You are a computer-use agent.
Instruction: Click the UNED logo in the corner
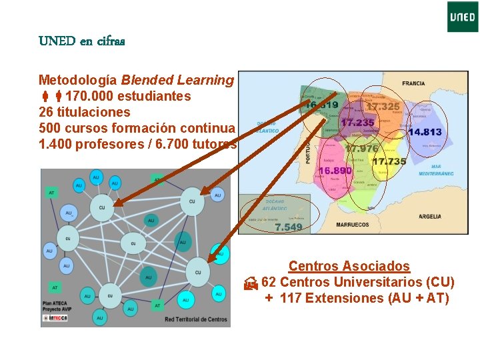pyautogui.click(x=463, y=17)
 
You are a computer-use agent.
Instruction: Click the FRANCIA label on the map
pyautogui.click(x=413, y=84)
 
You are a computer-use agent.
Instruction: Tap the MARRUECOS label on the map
pyautogui.click(x=352, y=225)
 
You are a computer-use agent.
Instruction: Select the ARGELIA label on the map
pyautogui.click(x=429, y=216)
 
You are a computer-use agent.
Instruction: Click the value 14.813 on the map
pyautogui.click(x=425, y=132)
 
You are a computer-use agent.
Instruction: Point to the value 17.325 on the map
pyautogui.click(x=383, y=107)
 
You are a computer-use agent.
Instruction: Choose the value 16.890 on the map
pyautogui.click(x=335, y=171)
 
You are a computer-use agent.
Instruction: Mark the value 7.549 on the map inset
pyautogui.click(x=289, y=227)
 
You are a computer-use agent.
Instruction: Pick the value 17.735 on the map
pyautogui.click(x=389, y=161)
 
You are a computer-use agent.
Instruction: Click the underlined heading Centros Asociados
pyautogui.click(x=349, y=267)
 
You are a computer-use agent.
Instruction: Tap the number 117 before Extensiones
pyautogui.click(x=291, y=298)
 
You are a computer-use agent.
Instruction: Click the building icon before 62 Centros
pyautogui.click(x=250, y=283)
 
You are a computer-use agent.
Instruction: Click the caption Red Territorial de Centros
pyautogui.click(x=197, y=319)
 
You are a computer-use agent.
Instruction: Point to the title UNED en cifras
pyautogui.click(x=82, y=41)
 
